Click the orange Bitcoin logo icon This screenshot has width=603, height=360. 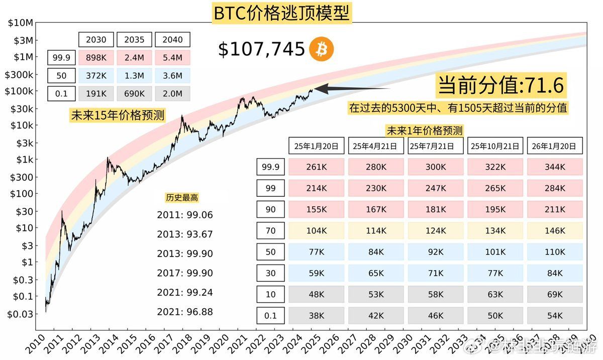(x=321, y=49)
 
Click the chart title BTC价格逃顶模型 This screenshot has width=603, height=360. (x=281, y=13)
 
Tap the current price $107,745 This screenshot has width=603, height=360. (x=261, y=49)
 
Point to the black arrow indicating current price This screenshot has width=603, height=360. (x=352, y=89)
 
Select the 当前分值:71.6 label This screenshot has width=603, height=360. (x=501, y=86)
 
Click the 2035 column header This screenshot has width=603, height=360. (x=134, y=40)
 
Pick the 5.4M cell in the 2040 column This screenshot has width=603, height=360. (x=172, y=58)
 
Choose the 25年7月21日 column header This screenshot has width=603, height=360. (x=435, y=146)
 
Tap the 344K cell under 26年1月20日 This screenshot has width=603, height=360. (x=555, y=167)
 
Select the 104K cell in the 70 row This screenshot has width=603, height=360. (x=317, y=230)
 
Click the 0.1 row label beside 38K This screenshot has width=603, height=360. (x=270, y=315)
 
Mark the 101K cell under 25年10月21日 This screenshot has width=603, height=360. (x=495, y=252)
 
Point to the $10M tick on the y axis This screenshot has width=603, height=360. (x=21, y=23)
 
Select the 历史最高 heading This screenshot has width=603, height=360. (x=181, y=198)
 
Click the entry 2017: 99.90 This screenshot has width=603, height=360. (x=184, y=273)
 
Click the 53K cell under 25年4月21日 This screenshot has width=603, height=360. (x=376, y=294)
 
